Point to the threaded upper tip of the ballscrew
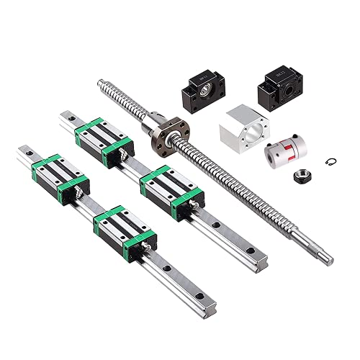tap(100, 85)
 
